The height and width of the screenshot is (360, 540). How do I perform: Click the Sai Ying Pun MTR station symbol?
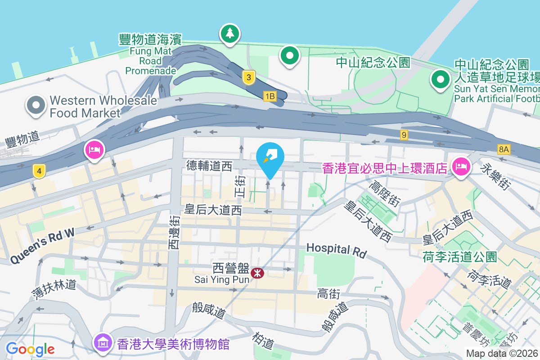257,273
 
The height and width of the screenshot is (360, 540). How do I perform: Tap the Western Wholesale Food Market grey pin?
36,105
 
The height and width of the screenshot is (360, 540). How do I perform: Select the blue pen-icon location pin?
270,159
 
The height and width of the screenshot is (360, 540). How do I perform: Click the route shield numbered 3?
247,77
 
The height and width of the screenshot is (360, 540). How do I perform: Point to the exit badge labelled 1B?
269,96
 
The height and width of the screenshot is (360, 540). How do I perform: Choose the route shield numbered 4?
40,171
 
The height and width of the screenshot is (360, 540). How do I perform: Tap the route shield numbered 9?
404,135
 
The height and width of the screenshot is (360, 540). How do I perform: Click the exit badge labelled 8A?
504,148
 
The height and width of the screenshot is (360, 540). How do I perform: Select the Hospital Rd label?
336,250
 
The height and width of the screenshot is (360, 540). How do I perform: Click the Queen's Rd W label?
42,245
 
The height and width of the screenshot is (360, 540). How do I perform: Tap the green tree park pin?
230,34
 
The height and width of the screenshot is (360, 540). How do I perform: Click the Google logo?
30,349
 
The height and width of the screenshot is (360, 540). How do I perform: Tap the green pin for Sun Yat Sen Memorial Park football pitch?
441,80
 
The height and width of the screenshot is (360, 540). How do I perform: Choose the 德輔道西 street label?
209,166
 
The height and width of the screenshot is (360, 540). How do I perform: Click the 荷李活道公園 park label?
460,257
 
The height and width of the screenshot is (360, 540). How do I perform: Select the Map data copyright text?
502,353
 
